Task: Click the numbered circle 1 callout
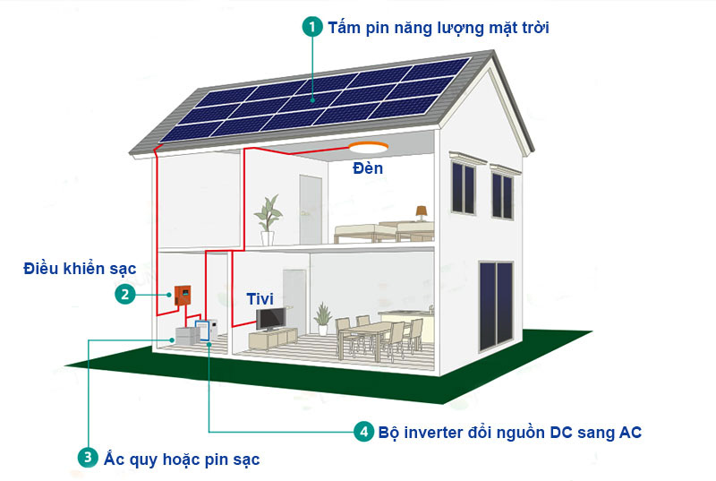[x=312, y=27]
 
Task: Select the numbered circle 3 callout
[x=87, y=458]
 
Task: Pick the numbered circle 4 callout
[x=362, y=432]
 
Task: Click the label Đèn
[x=367, y=168]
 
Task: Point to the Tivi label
[x=260, y=298]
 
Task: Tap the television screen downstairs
[x=271, y=319]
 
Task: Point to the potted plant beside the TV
[x=322, y=318]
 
